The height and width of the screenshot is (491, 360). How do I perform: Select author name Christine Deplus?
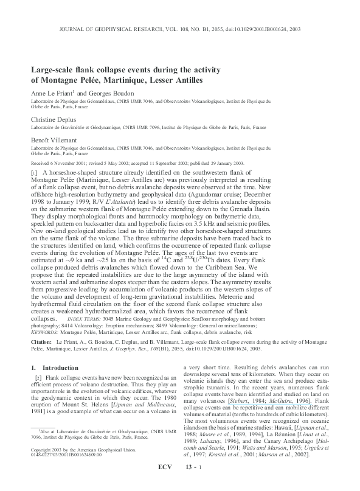pos(56,120)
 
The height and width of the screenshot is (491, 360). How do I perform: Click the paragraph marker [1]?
pos(35,173)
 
